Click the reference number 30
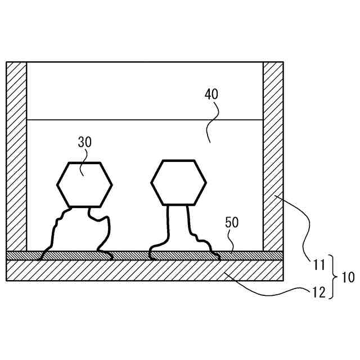tap(84, 142)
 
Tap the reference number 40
tap(211, 94)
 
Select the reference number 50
tap(232, 222)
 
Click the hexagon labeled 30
tap(84, 184)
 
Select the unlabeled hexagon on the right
tap(178, 182)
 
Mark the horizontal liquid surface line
tap(145, 119)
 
